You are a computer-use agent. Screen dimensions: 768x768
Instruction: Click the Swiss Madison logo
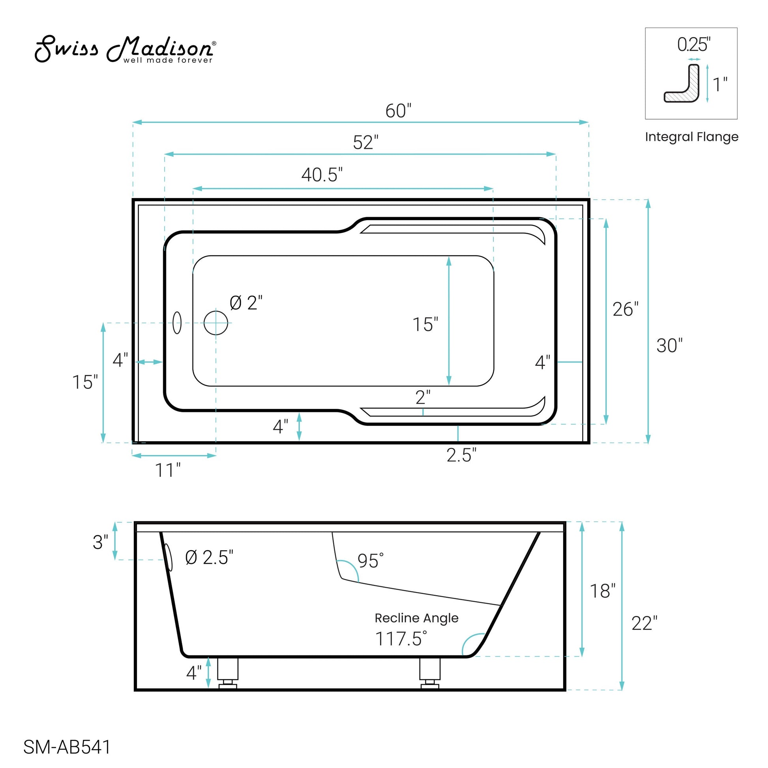[x=126, y=49]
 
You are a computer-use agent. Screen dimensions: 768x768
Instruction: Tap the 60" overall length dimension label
[x=398, y=111]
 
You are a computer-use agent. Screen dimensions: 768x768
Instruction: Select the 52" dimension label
[x=366, y=142]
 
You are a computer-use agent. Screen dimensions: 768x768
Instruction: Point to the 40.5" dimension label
[x=322, y=174]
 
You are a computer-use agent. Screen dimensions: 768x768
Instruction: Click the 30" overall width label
[x=669, y=345]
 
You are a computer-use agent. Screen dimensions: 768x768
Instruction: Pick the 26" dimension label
[x=626, y=309]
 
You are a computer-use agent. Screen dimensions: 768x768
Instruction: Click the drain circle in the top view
[x=216, y=323]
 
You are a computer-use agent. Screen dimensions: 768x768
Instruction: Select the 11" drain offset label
[x=168, y=470]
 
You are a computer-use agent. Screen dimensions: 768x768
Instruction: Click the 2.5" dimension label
[x=461, y=455]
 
